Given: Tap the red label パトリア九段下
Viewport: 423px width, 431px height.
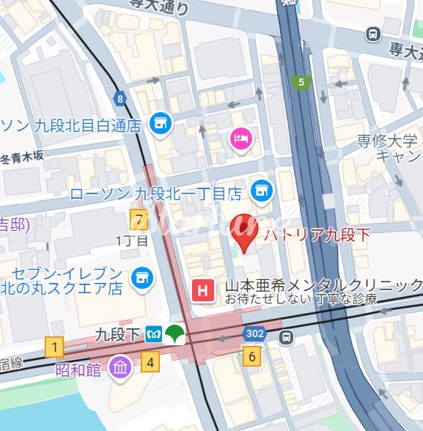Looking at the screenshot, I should click(x=317, y=235).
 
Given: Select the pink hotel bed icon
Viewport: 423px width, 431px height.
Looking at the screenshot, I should click(x=240, y=137).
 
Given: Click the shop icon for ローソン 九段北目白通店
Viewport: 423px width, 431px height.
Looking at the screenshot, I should click(x=158, y=124).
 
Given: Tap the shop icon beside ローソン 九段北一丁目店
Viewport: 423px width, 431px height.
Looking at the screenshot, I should click(x=258, y=192).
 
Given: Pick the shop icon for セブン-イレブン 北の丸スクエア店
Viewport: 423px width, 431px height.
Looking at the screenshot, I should click(x=140, y=278).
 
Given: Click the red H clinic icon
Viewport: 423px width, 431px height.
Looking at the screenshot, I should click(x=202, y=291).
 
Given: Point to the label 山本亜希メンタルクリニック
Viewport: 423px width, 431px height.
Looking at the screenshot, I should click(x=323, y=285).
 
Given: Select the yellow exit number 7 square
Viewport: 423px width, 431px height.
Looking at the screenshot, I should click(x=138, y=218).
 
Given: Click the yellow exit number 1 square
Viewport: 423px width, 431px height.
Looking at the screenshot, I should click(x=53, y=346).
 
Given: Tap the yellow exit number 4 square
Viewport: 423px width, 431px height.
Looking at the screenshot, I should click(x=150, y=361).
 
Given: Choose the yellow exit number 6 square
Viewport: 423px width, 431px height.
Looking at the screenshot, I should click(x=252, y=357).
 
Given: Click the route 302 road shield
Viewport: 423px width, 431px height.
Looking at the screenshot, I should click(x=254, y=334).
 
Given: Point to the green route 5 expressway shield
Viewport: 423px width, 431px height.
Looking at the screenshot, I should click(x=300, y=83).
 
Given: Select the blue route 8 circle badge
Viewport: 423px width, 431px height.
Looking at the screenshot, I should click(x=119, y=98).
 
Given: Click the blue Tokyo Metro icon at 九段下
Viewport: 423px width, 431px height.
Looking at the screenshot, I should click(x=154, y=335).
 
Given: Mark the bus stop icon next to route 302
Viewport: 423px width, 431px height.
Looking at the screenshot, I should click(x=287, y=337).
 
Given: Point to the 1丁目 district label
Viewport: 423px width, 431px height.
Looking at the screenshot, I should click(x=133, y=240).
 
